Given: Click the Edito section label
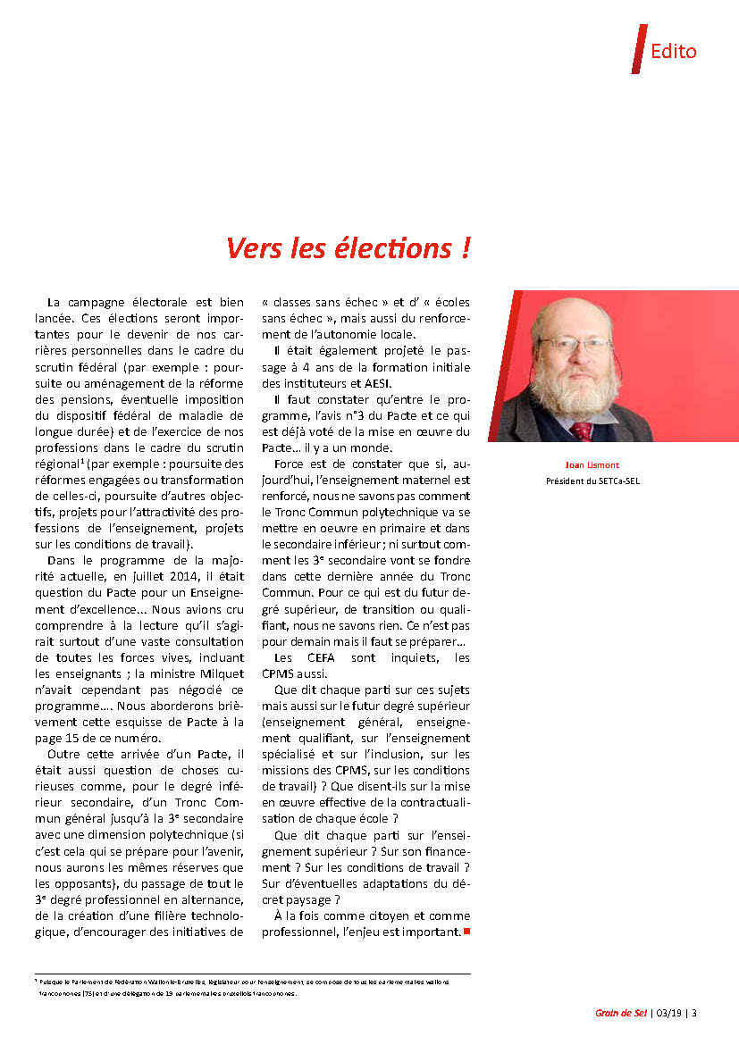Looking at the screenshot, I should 673,51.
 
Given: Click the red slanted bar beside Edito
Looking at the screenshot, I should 638,49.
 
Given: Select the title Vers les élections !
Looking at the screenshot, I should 348,248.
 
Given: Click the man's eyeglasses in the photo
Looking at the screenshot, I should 574,343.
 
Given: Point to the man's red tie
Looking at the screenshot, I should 582,431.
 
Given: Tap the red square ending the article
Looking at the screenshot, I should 466,932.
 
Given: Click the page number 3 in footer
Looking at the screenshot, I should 694,1013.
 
